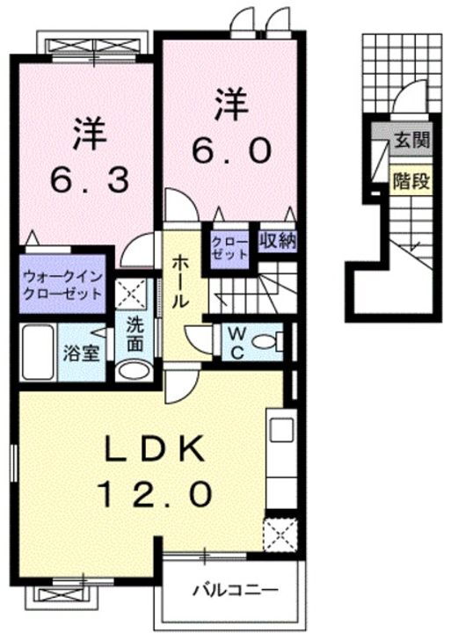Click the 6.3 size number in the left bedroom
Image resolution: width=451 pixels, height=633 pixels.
(x=90, y=180)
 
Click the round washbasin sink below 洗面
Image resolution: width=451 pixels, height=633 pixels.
(x=134, y=369)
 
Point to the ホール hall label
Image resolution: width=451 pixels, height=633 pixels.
(x=179, y=280)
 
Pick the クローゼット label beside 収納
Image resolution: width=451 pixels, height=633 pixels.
(x=229, y=245)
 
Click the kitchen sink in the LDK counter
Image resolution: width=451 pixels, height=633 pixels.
(x=282, y=431)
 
